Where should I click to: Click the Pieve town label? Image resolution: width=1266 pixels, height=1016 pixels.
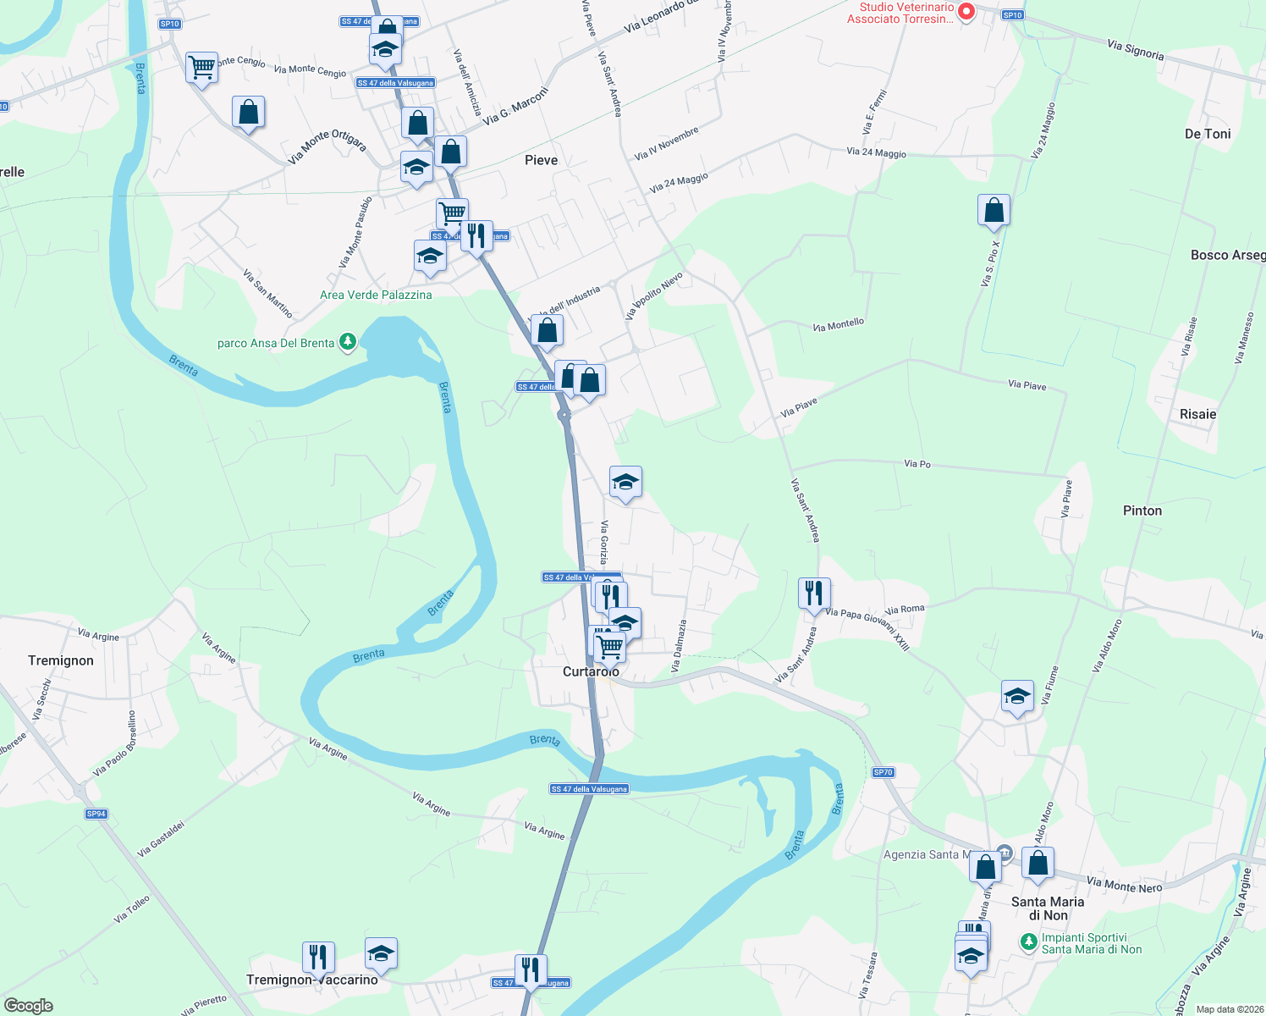point(541,160)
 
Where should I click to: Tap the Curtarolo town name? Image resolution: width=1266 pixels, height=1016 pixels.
point(591,671)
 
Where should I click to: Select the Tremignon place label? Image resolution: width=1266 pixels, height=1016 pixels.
point(61,660)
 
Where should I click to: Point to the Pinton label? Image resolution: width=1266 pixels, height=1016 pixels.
point(1142,511)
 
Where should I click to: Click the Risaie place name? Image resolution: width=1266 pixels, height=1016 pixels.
point(1197,414)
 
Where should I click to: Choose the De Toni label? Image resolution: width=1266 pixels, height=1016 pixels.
point(1208,134)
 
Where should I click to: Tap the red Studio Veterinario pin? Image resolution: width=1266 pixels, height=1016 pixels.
point(966,12)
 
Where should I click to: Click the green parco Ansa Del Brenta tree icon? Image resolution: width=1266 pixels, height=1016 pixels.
point(348,342)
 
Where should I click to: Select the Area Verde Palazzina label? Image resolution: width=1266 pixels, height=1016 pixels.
point(376,295)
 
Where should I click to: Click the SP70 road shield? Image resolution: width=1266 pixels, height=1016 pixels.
point(883,772)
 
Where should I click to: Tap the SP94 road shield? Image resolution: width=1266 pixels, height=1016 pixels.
point(96,814)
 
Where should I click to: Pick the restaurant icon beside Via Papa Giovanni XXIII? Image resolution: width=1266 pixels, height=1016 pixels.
point(814,593)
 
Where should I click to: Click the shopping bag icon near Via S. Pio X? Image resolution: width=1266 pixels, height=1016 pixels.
point(994,210)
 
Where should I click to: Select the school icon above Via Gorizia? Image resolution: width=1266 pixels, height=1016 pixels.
point(625,483)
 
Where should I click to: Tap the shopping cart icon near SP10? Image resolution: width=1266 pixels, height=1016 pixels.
point(201,66)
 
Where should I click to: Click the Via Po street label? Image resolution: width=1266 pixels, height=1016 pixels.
point(917,464)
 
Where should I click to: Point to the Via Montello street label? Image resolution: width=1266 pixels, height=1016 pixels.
point(838,325)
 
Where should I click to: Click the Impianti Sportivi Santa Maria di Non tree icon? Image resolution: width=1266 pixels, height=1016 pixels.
point(1028,941)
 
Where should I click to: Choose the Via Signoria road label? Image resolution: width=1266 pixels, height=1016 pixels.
point(1135,50)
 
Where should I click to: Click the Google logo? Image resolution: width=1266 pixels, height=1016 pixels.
point(28,1006)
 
